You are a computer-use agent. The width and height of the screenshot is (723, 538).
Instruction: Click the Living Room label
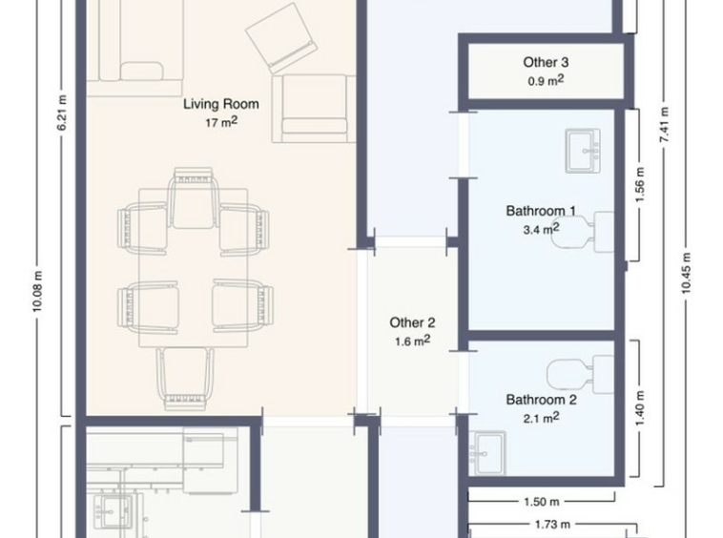click(221, 104)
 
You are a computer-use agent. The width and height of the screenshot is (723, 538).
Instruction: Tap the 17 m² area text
click(221, 122)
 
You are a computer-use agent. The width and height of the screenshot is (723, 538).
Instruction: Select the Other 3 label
click(546, 62)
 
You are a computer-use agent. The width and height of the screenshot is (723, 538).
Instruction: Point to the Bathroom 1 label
click(541, 211)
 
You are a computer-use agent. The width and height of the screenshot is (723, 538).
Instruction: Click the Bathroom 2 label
click(542, 400)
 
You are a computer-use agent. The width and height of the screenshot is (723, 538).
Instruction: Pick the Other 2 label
click(412, 322)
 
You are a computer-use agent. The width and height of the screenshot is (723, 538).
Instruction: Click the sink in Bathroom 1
click(583, 151)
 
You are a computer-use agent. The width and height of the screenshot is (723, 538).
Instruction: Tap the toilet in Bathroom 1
click(583, 232)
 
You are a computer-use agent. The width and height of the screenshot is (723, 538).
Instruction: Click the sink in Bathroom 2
click(487, 454)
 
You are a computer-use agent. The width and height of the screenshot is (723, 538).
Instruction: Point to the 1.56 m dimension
click(640, 185)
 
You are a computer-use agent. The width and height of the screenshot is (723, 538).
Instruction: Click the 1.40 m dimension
click(640, 408)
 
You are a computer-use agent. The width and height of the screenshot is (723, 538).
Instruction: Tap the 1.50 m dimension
click(542, 501)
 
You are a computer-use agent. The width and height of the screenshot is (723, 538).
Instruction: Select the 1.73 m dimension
click(552, 525)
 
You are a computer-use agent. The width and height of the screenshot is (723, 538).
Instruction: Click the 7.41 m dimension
click(664, 124)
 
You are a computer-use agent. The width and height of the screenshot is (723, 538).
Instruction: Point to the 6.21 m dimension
click(62, 113)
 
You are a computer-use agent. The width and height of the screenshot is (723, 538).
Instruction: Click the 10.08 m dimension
click(38, 291)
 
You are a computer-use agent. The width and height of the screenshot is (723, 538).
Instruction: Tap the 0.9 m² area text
click(546, 81)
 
